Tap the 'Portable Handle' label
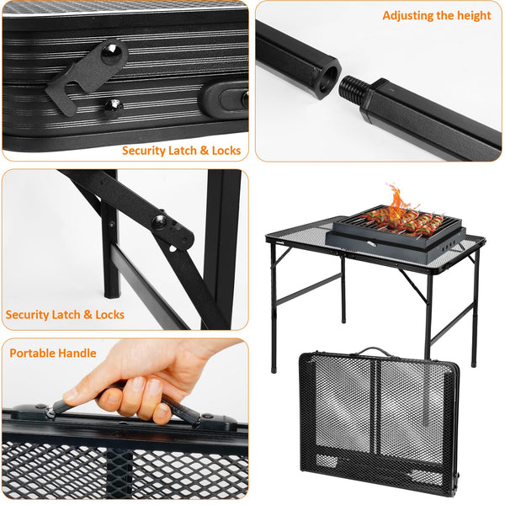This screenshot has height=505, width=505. [x=53, y=353]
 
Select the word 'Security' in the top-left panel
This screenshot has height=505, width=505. [x=146, y=151]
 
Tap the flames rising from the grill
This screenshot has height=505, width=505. [x=398, y=199]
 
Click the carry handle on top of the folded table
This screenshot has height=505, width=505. [x=377, y=351]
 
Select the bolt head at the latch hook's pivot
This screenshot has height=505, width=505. [x=110, y=52]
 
